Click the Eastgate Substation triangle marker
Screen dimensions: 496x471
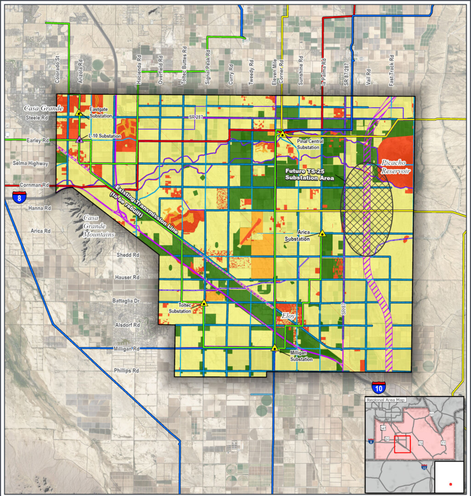point(79,112)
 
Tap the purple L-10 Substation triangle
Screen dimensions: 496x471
point(80,139)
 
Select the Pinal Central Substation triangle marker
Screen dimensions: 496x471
point(282,134)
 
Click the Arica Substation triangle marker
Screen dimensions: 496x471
point(322,234)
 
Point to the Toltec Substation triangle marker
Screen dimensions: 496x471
point(204,303)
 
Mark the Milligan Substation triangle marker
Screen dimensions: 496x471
point(275,348)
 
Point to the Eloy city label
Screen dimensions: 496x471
point(288,317)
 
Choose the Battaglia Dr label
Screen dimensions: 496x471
point(126,300)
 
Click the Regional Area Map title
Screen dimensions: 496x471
point(385,400)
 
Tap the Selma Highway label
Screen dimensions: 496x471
point(31,163)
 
